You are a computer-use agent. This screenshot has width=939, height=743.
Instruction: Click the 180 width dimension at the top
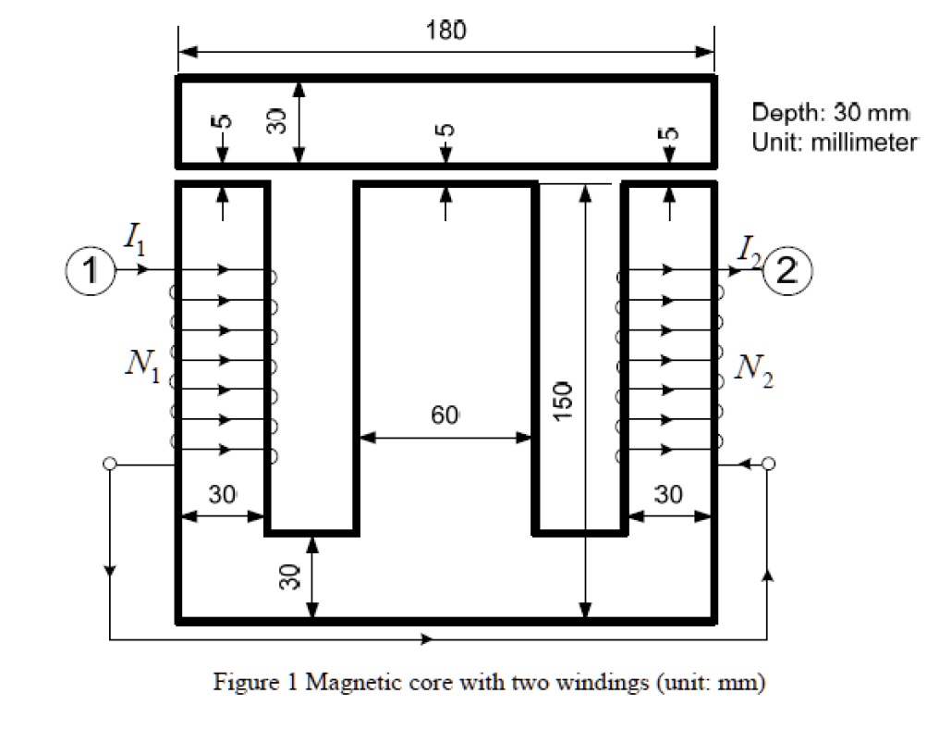tap(445, 29)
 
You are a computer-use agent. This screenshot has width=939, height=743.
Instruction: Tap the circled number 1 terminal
tap(89, 270)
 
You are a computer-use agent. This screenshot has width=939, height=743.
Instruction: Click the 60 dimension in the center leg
tap(445, 415)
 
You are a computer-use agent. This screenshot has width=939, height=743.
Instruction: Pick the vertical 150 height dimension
tap(567, 402)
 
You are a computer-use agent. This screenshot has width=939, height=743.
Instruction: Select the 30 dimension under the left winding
tap(222, 494)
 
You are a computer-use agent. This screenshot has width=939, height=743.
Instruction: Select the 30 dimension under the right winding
tap(669, 494)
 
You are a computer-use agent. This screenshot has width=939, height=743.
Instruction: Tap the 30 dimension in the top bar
tap(275, 121)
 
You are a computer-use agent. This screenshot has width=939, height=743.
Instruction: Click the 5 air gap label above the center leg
tap(446, 130)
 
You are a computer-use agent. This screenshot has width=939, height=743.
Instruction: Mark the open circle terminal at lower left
tap(110, 464)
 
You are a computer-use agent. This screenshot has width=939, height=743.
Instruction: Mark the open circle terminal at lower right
tap(767, 464)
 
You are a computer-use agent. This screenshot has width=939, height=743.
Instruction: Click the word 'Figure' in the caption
tap(244, 684)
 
